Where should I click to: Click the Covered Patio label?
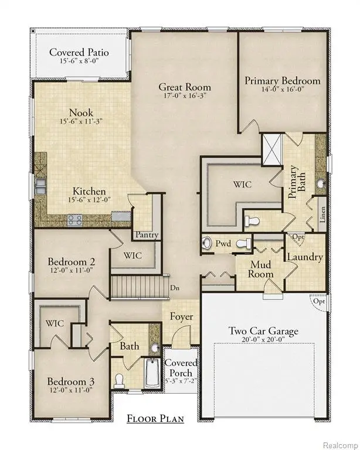tap(79, 52)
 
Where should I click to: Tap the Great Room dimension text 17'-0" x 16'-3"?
tap(185, 98)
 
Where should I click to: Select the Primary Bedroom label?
tap(283, 80)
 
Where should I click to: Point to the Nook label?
tap(81, 112)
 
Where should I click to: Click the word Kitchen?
tap(89, 191)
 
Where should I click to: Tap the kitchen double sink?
tap(41, 185)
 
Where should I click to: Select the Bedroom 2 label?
tap(72, 261)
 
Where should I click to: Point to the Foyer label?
tap(181, 317)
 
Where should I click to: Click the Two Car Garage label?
tap(263, 331)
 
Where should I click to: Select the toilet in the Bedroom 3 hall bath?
tap(120, 380)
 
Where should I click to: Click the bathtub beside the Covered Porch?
tap(152, 376)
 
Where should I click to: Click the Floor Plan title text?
tap(155, 418)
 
